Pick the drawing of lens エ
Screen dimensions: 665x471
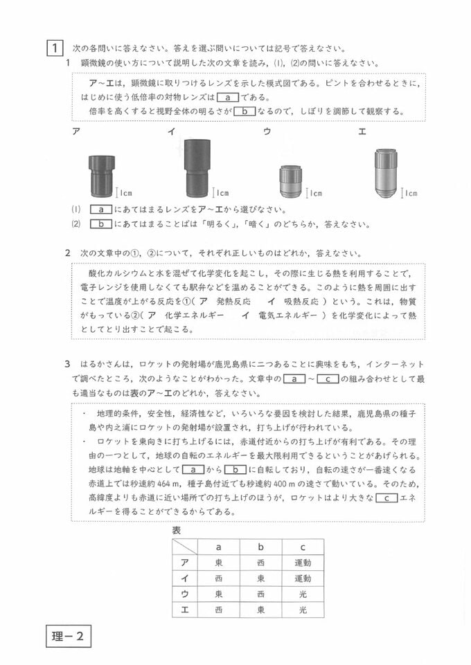[x=385, y=172]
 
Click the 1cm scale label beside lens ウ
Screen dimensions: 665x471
[x=315, y=194]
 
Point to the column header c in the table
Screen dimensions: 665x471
[x=302, y=547]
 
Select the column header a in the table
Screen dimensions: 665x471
[x=219, y=547]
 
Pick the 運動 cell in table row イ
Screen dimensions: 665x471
[x=302, y=578]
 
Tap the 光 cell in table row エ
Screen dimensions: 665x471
[x=302, y=610]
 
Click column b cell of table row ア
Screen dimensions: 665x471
[x=260, y=562]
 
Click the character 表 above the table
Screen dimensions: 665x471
[x=177, y=530]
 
